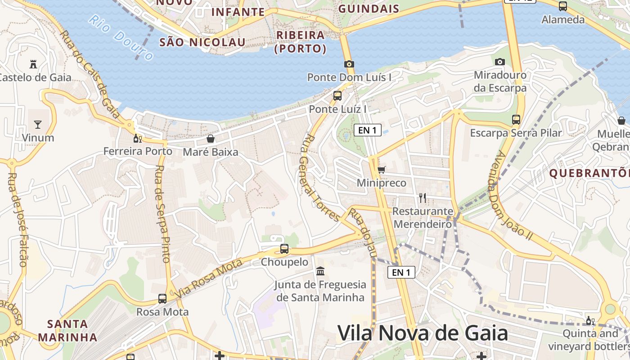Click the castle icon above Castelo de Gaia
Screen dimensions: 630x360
pyautogui.click(x=33, y=64)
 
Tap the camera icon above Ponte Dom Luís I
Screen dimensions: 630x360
pyautogui.click(x=349, y=64)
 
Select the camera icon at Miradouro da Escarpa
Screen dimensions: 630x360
pyautogui.click(x=499, y=62)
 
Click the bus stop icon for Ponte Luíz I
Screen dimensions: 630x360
pyautogui.click(x=337, y=95)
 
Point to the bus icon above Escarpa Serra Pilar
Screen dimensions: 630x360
pyautogui.click(x=516, y=120)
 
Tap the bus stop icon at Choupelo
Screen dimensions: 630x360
pyautogui.click(x=284, y=248)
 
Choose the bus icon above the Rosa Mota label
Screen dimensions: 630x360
pyautogui.click(x=162, y=298)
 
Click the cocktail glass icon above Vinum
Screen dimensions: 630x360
pyautogui.click(x=38, y=124)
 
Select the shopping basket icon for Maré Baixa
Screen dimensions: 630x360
pyautogui.click(x=210, y=139)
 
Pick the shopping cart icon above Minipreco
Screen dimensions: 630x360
pyautogui.click(x=381, y=170)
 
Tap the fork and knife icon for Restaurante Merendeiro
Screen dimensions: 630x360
pyautogui.click(x=422, y=198)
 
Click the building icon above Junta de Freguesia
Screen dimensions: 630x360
pyautogui.click(x=320, y=271)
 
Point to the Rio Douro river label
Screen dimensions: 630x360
pyautogui.click(x=121, y=38)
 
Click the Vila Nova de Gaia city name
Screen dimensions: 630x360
pyautogui.click(x=423, y=333)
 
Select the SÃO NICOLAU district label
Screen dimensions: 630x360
pyautogui.click(x=202, y=42)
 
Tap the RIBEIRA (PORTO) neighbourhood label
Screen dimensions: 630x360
pyautogui.click(x=301, y=41)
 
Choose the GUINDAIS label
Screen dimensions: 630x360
pyautogui.click(x=369, y=9)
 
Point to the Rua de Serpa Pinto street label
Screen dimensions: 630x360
pyautogui.click(x=162, y=214)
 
